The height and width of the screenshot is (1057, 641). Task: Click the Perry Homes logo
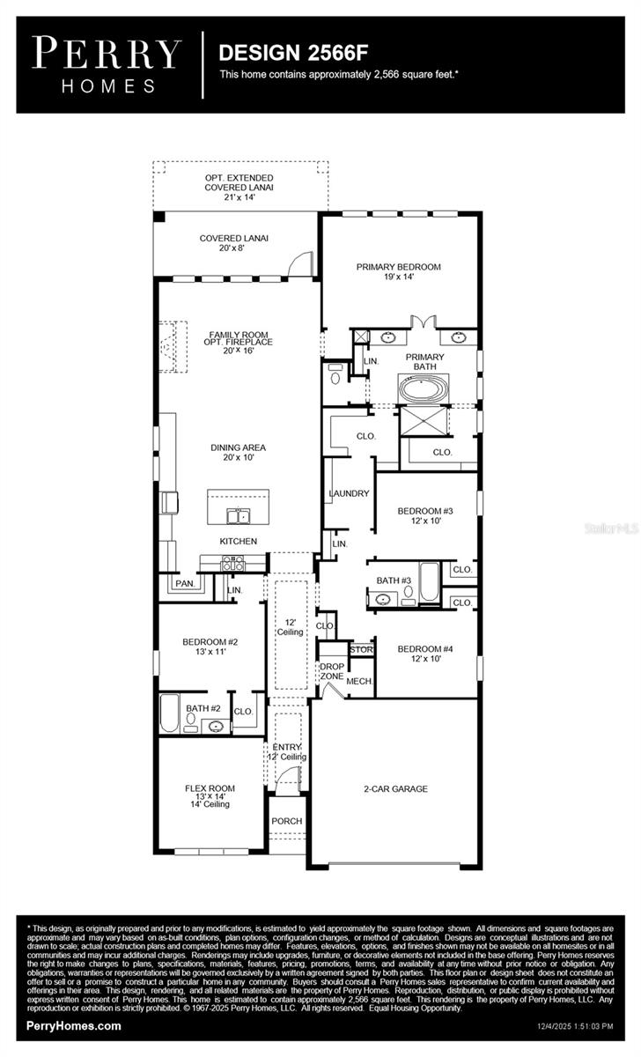pyautogui.click(x=107, y=63)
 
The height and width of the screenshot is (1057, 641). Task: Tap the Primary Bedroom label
pyautogui.click(x=398, y=271)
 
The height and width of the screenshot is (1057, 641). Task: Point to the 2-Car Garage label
pyautogui.click(x=396, y=789)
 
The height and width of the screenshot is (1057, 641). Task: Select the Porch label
pyautogui.click(x=286, y=821)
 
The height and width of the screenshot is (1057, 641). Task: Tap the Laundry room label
pyautogui.click(x=349, y=493)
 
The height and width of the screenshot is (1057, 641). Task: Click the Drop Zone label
pyautogui.click(x=331, y=671)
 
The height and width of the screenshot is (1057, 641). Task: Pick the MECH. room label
pyautogui.click(x=358, y=682)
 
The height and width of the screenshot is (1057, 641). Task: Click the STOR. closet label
pyautogui.click(x=362, y=650)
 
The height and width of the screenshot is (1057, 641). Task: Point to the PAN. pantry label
pyautogui.click(x=184, y=583)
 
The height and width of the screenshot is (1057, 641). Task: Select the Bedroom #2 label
pyautogui.click(x=210, y=647)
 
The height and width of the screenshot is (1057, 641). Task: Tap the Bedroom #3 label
pyautogui.click(x=424, y=515)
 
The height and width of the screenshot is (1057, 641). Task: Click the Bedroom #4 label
pyautogui.click(x=424, y=654)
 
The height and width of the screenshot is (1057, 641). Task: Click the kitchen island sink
pyautogui.click(x=238, y=515)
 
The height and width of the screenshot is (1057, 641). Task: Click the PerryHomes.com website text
pyautogui.click(x=74, y=1025)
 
